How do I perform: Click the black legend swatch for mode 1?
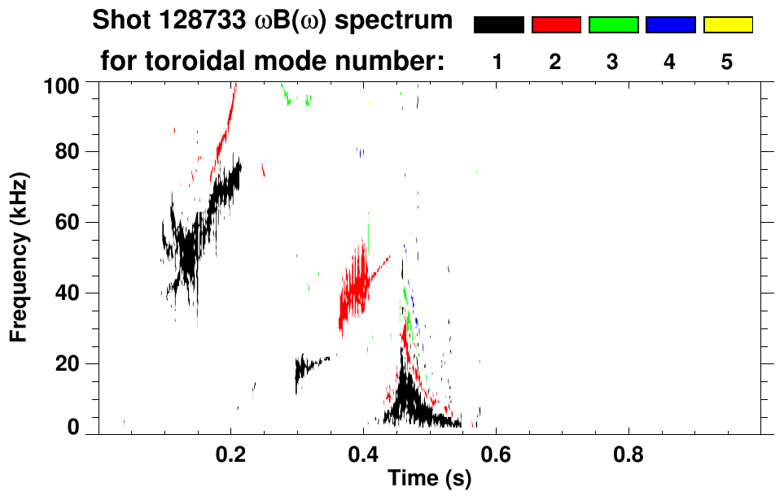click(x=498, y=25)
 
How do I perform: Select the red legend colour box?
click(x=556, y=25)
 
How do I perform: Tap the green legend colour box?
click(x=613, y=25)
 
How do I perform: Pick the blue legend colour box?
click(x=670, y=25)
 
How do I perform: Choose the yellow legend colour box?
click(x=727, y=25)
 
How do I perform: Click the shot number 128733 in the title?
click(x=188, y=20)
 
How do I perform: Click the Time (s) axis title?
click(x=428, y=479)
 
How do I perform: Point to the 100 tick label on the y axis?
click(x=62, y=84)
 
